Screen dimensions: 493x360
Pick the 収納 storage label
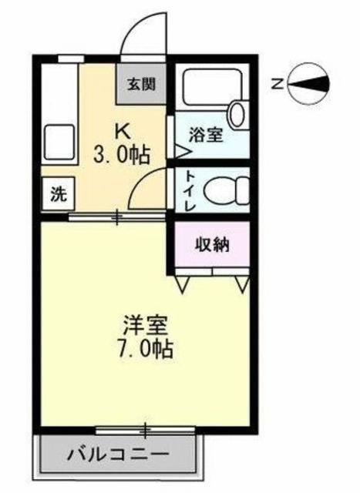tap(211, 246)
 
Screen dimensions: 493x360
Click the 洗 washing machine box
tap(58, 194)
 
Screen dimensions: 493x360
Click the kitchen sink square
tap(58, 140)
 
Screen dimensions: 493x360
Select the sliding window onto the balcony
tap(143, 428)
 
